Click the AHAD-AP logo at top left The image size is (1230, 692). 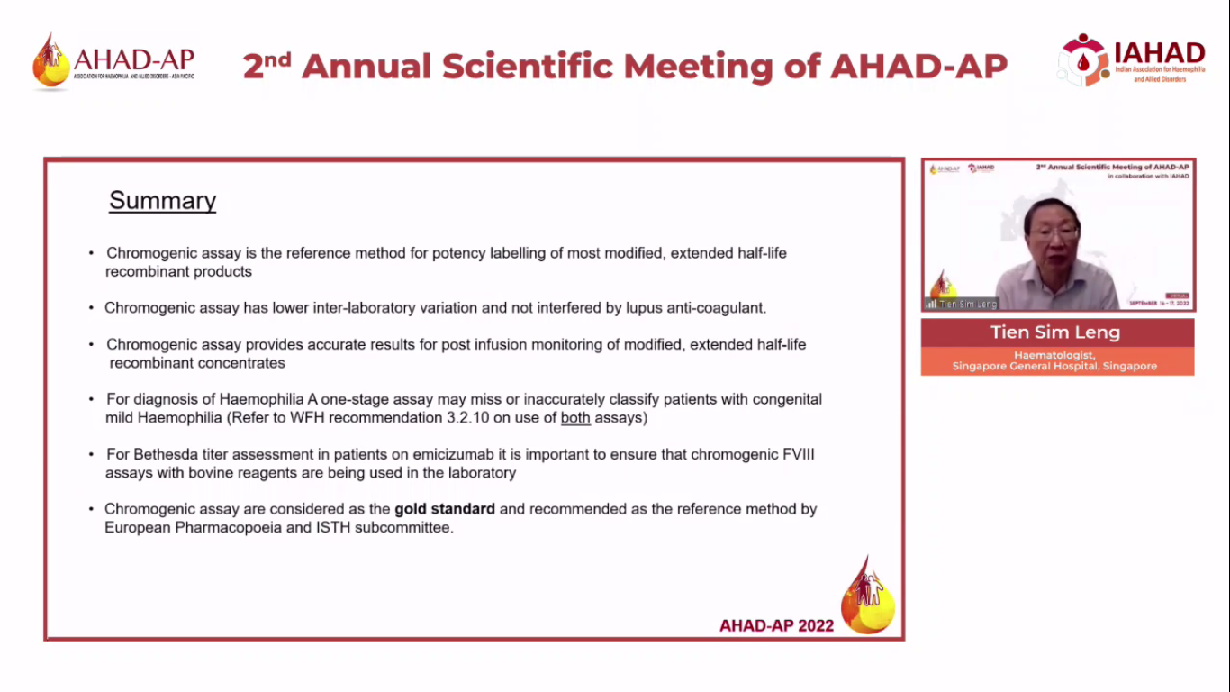[x=113, y=61]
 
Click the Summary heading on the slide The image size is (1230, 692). [x=162, y=200]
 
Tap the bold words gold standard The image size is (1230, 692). [x=445, y=509]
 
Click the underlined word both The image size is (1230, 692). [x=575, y=418]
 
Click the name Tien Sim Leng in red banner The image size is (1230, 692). [x=1055, y=332]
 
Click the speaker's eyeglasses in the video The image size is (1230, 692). [x=1052, y=233]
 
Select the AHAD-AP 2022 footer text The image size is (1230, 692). [x=776, y=625]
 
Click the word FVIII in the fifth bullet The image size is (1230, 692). [x=797, y=454]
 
